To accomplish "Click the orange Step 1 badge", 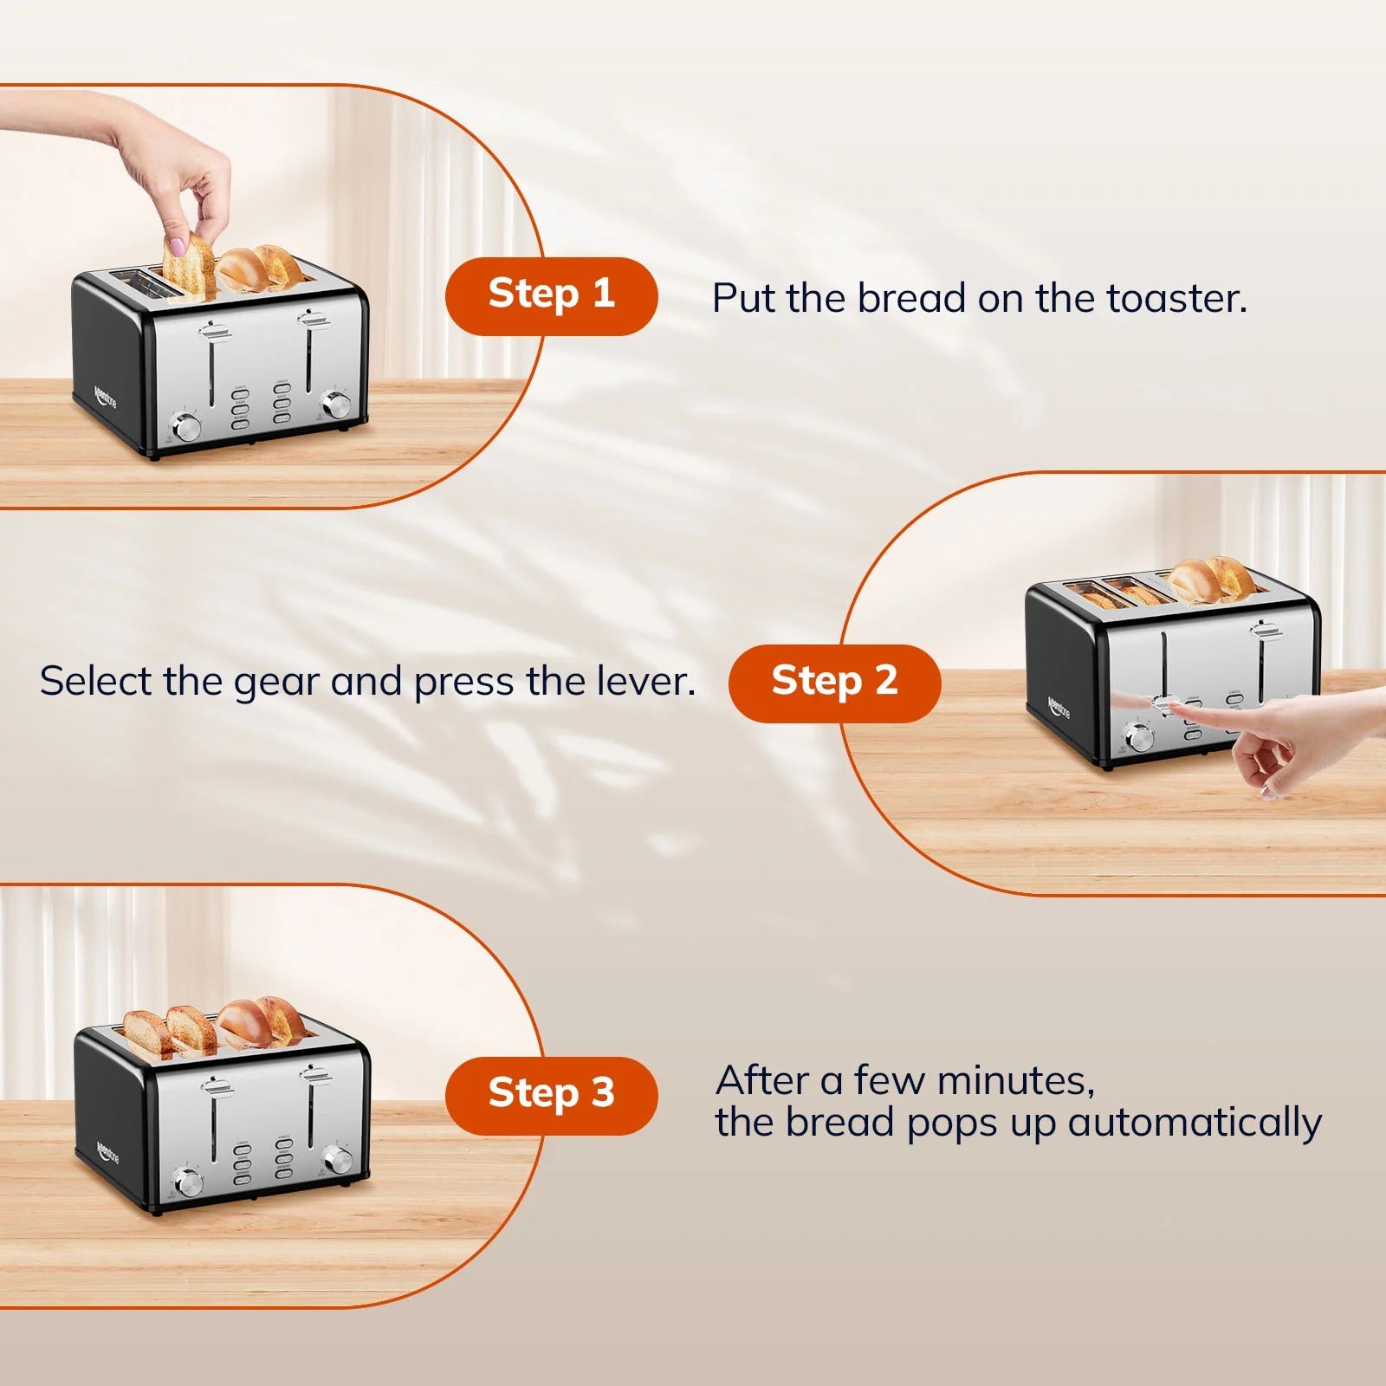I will point(551,295).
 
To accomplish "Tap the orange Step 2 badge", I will point(834,683).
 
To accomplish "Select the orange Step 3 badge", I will point(551,1095).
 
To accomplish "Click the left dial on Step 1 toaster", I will point(186,426).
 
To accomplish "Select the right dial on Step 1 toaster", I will point(335,404).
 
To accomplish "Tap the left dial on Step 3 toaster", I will point(187,1182).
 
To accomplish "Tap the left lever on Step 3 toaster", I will point(213,1086).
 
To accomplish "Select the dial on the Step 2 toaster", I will point(1138,738).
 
